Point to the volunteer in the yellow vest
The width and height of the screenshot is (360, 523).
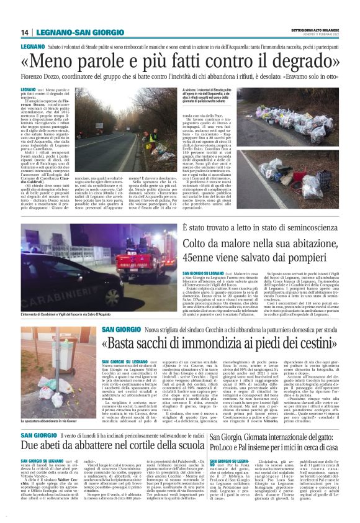pyautogui.click(x=146, y=136)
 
